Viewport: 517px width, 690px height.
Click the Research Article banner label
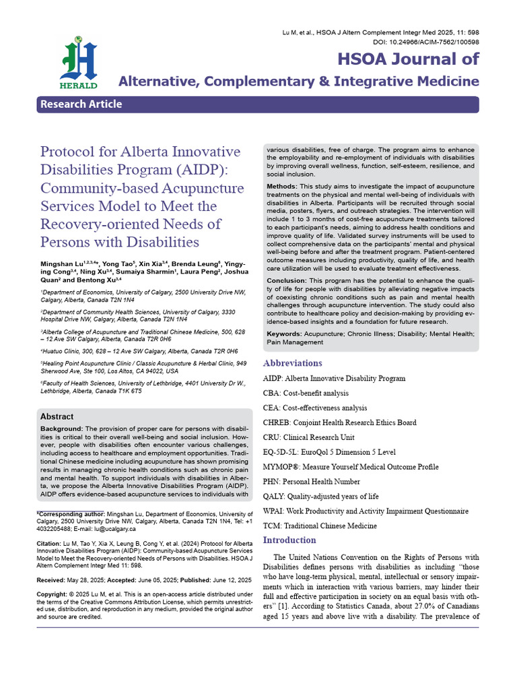[81, 104]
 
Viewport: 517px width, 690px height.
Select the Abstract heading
[57, 416]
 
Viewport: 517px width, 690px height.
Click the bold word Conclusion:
[287, 280]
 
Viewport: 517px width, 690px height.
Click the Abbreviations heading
[292, 363]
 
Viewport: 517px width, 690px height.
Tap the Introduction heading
[289, 540]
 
